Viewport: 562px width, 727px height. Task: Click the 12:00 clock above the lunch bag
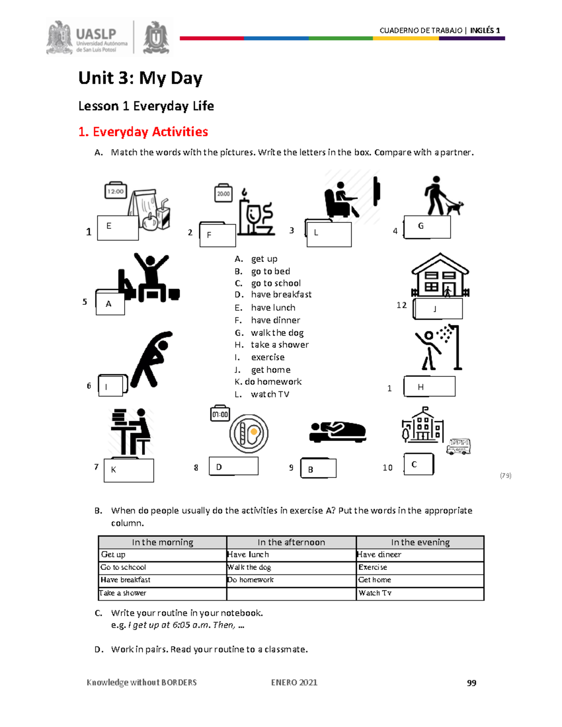point(115,191)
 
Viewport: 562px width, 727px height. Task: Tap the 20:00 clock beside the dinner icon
point(223,193)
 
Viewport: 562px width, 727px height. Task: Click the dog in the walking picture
point(454,206)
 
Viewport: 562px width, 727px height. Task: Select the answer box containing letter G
point(427,227)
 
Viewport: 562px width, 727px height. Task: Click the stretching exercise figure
point(151,359)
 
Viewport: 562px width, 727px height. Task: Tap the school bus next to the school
point(458,446)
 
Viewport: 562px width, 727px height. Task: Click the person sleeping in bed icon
point(338,431)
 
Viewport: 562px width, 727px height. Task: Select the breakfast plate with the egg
point(249,433)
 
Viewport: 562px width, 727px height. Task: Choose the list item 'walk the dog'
point(277,333)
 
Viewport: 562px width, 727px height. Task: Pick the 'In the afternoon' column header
point(291,542)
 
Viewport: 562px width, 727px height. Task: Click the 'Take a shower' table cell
point(123,593)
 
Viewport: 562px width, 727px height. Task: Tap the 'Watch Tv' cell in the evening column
point(375,593)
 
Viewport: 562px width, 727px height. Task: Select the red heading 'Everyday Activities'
point(143,132)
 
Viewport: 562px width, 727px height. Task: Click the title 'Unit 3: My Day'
point(140,78)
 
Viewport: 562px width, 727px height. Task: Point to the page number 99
point(471,683)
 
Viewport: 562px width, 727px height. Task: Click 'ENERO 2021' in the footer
point(294,683)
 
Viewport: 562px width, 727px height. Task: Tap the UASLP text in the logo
point(96,34)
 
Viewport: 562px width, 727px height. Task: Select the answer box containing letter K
point(129,470)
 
